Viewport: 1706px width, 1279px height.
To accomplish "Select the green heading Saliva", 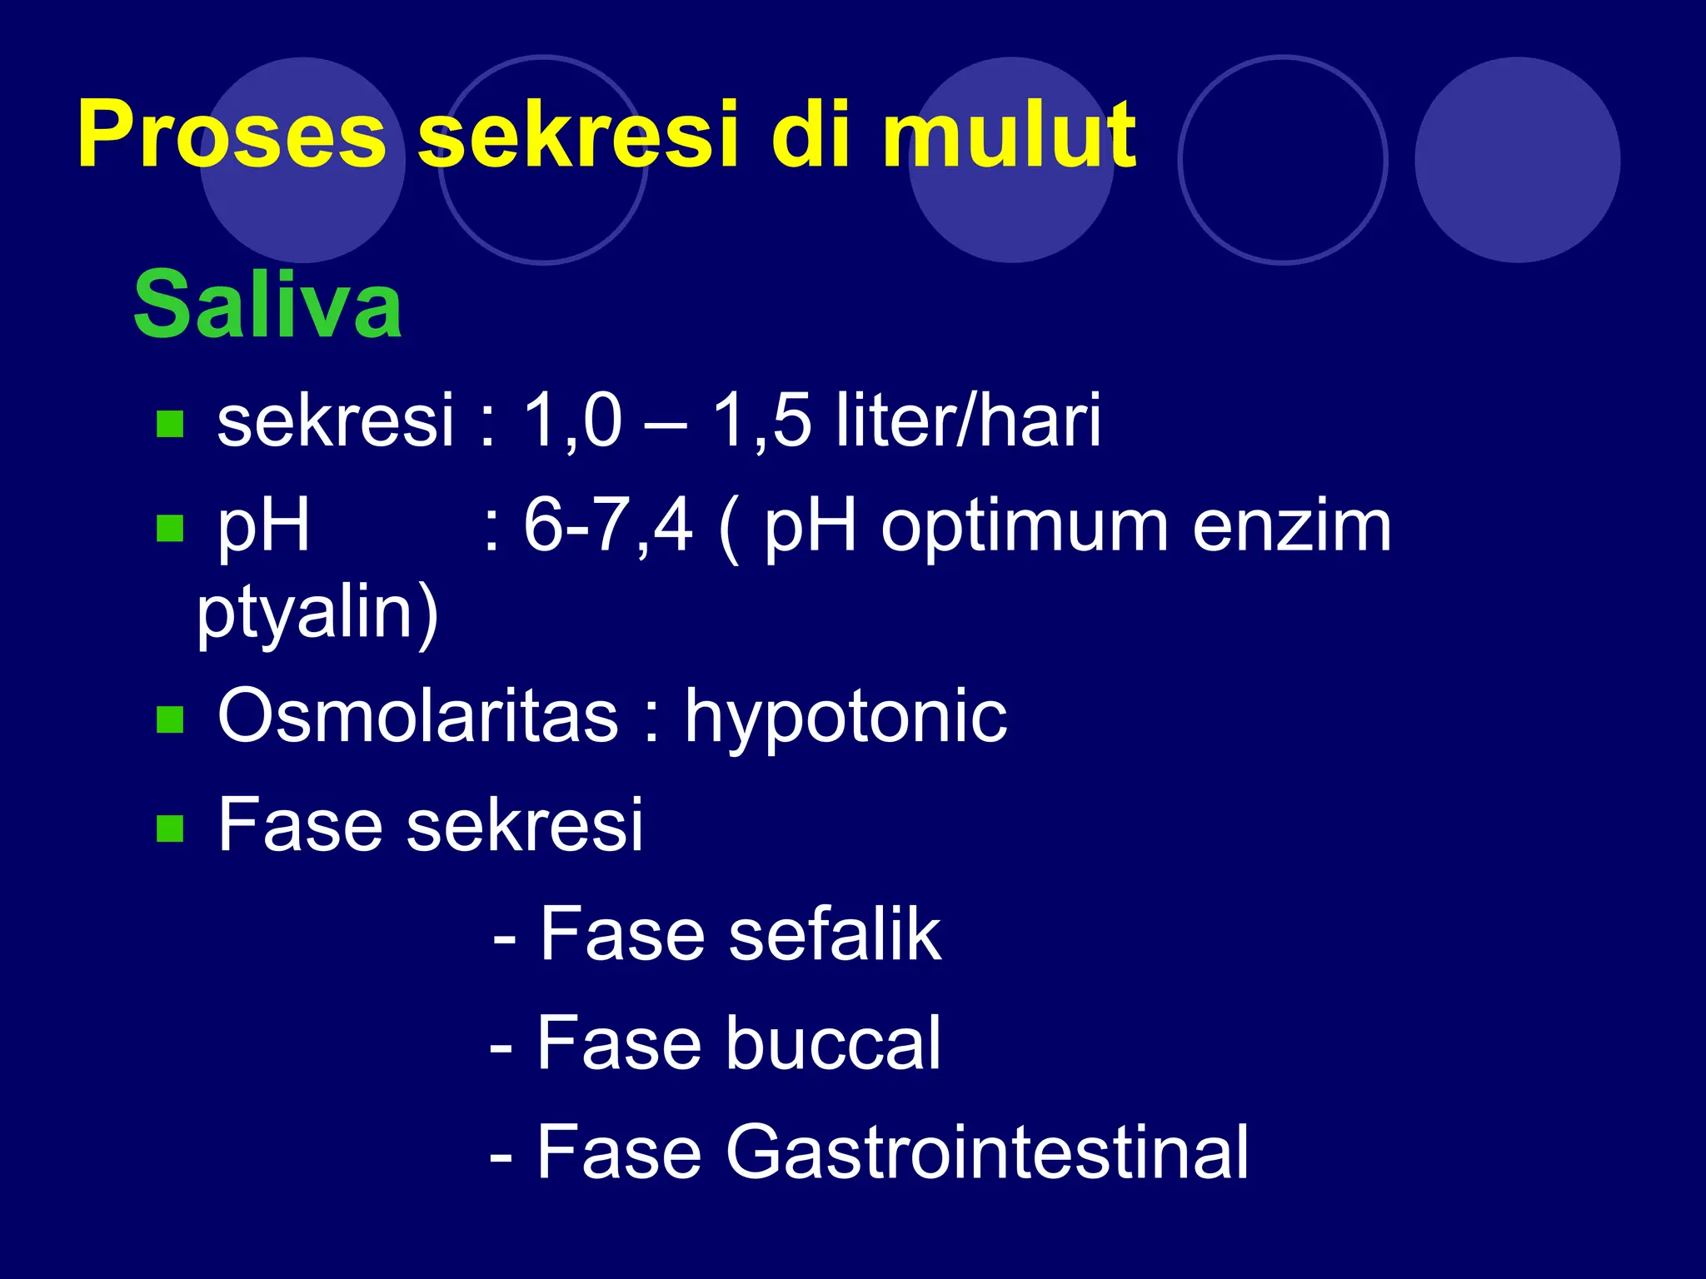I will click(268, 305).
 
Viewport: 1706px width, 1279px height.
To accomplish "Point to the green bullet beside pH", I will click(170, 528).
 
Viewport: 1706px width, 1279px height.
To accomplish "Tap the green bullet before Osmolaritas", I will click(170, 719).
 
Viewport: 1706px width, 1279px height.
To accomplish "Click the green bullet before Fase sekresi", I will click(170, 829).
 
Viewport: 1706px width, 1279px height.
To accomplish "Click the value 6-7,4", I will click(607, 526).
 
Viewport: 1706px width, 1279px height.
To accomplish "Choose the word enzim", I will click(1291, 526).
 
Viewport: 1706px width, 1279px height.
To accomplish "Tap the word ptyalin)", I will click(317, 615).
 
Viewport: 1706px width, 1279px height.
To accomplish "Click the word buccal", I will click(833, 1043).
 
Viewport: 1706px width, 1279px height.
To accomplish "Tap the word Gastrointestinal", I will click(987, 1152).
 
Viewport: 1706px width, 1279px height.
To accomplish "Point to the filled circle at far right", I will click(1517, 160).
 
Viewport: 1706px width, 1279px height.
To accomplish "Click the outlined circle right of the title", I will click(1283, 160).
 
